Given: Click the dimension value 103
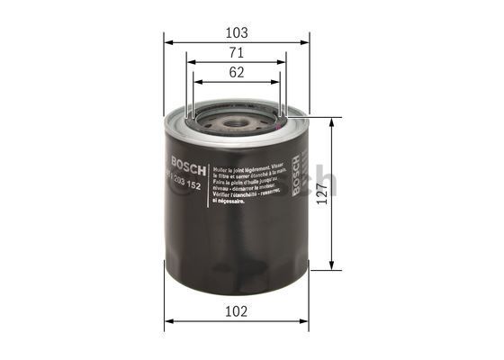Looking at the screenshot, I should pyautogui.click(x=237, y=31).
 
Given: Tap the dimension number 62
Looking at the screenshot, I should pyautogui.click(x=237, y=74).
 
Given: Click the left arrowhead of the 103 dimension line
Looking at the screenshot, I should pyautogui.click(x=167, y=41).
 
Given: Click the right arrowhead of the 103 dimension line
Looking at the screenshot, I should pyautogui.click(x=306, y=41).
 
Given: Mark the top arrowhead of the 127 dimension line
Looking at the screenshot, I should pyautogui.click(x=334, y=121).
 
